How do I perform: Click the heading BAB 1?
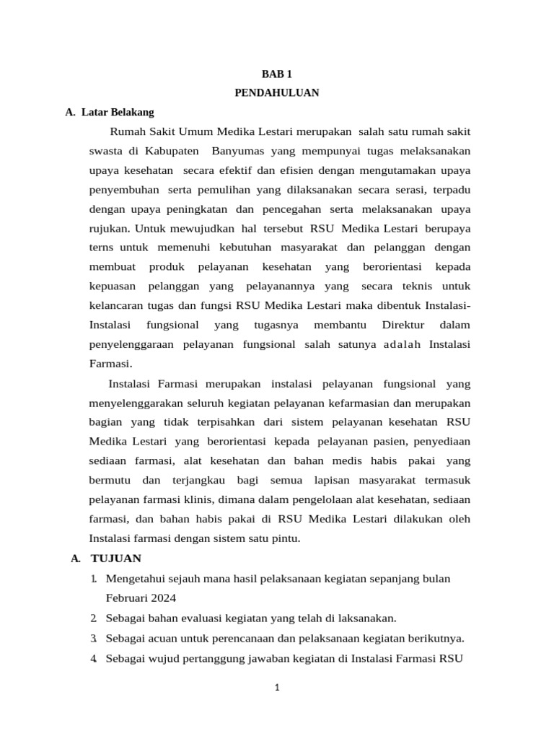(x=277, y=74)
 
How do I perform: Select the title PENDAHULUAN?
(x=277, y=92)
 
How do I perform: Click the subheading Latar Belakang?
(x=118, y=112)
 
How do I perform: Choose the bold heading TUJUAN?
(x=115, y=558)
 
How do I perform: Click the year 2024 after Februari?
(x=162, y=598)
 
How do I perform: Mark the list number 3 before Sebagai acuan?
(x=94, y=638)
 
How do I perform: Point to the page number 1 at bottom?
(x=277, y=688)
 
